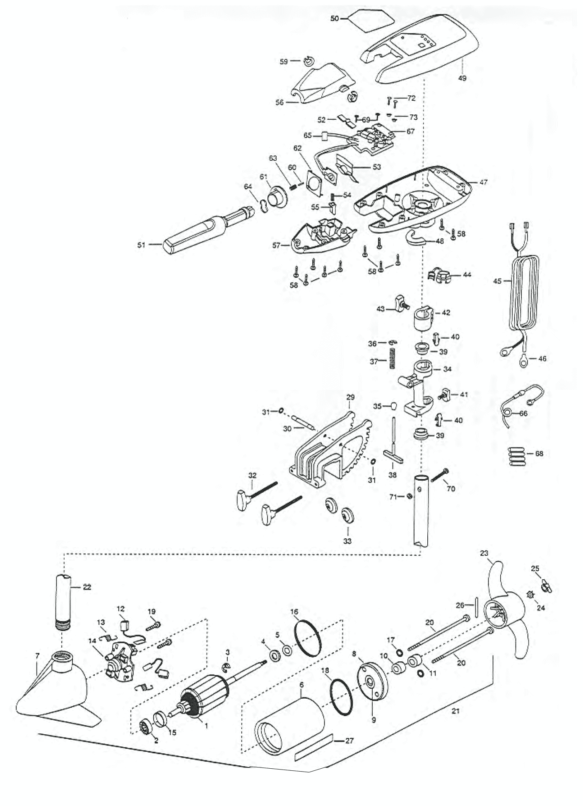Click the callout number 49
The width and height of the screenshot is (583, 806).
pyautogui.click(x=462, y=77)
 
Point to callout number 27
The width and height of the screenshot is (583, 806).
pyautogui.click(x=349, y=740)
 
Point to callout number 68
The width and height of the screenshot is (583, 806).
pyautogui.click(x=539, y=453)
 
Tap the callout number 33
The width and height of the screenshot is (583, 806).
pyautogui.click(x=347, y=541)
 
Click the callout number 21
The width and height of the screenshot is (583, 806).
pyautogui.click(x=455, y=711)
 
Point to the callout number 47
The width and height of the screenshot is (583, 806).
pyautogui.click(x=483, y=182)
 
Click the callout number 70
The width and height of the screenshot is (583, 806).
pyautogui.click(x=451, y=489)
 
